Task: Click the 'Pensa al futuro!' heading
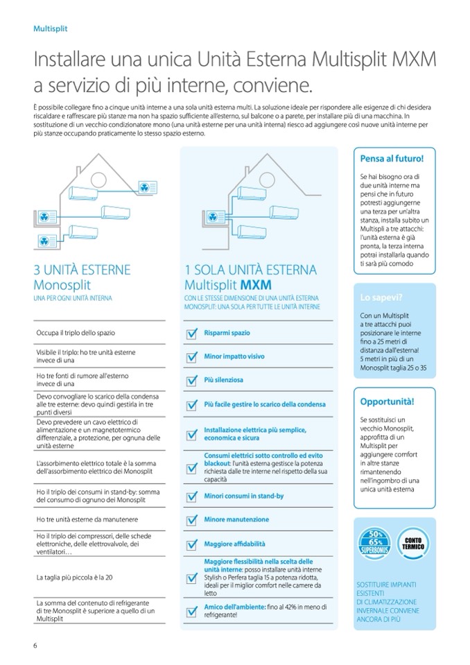(x=393, y=158)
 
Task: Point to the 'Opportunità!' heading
(x=388, y=401)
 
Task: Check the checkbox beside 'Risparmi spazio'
(x=192, y=334)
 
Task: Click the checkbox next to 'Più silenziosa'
(x=192, y=381)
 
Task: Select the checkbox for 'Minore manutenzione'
(x=192, y=520)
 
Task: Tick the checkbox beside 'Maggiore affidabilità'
(x=192, y=544)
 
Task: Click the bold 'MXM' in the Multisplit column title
(x=256, y=285)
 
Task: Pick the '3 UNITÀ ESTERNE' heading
(x=82, y=270)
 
